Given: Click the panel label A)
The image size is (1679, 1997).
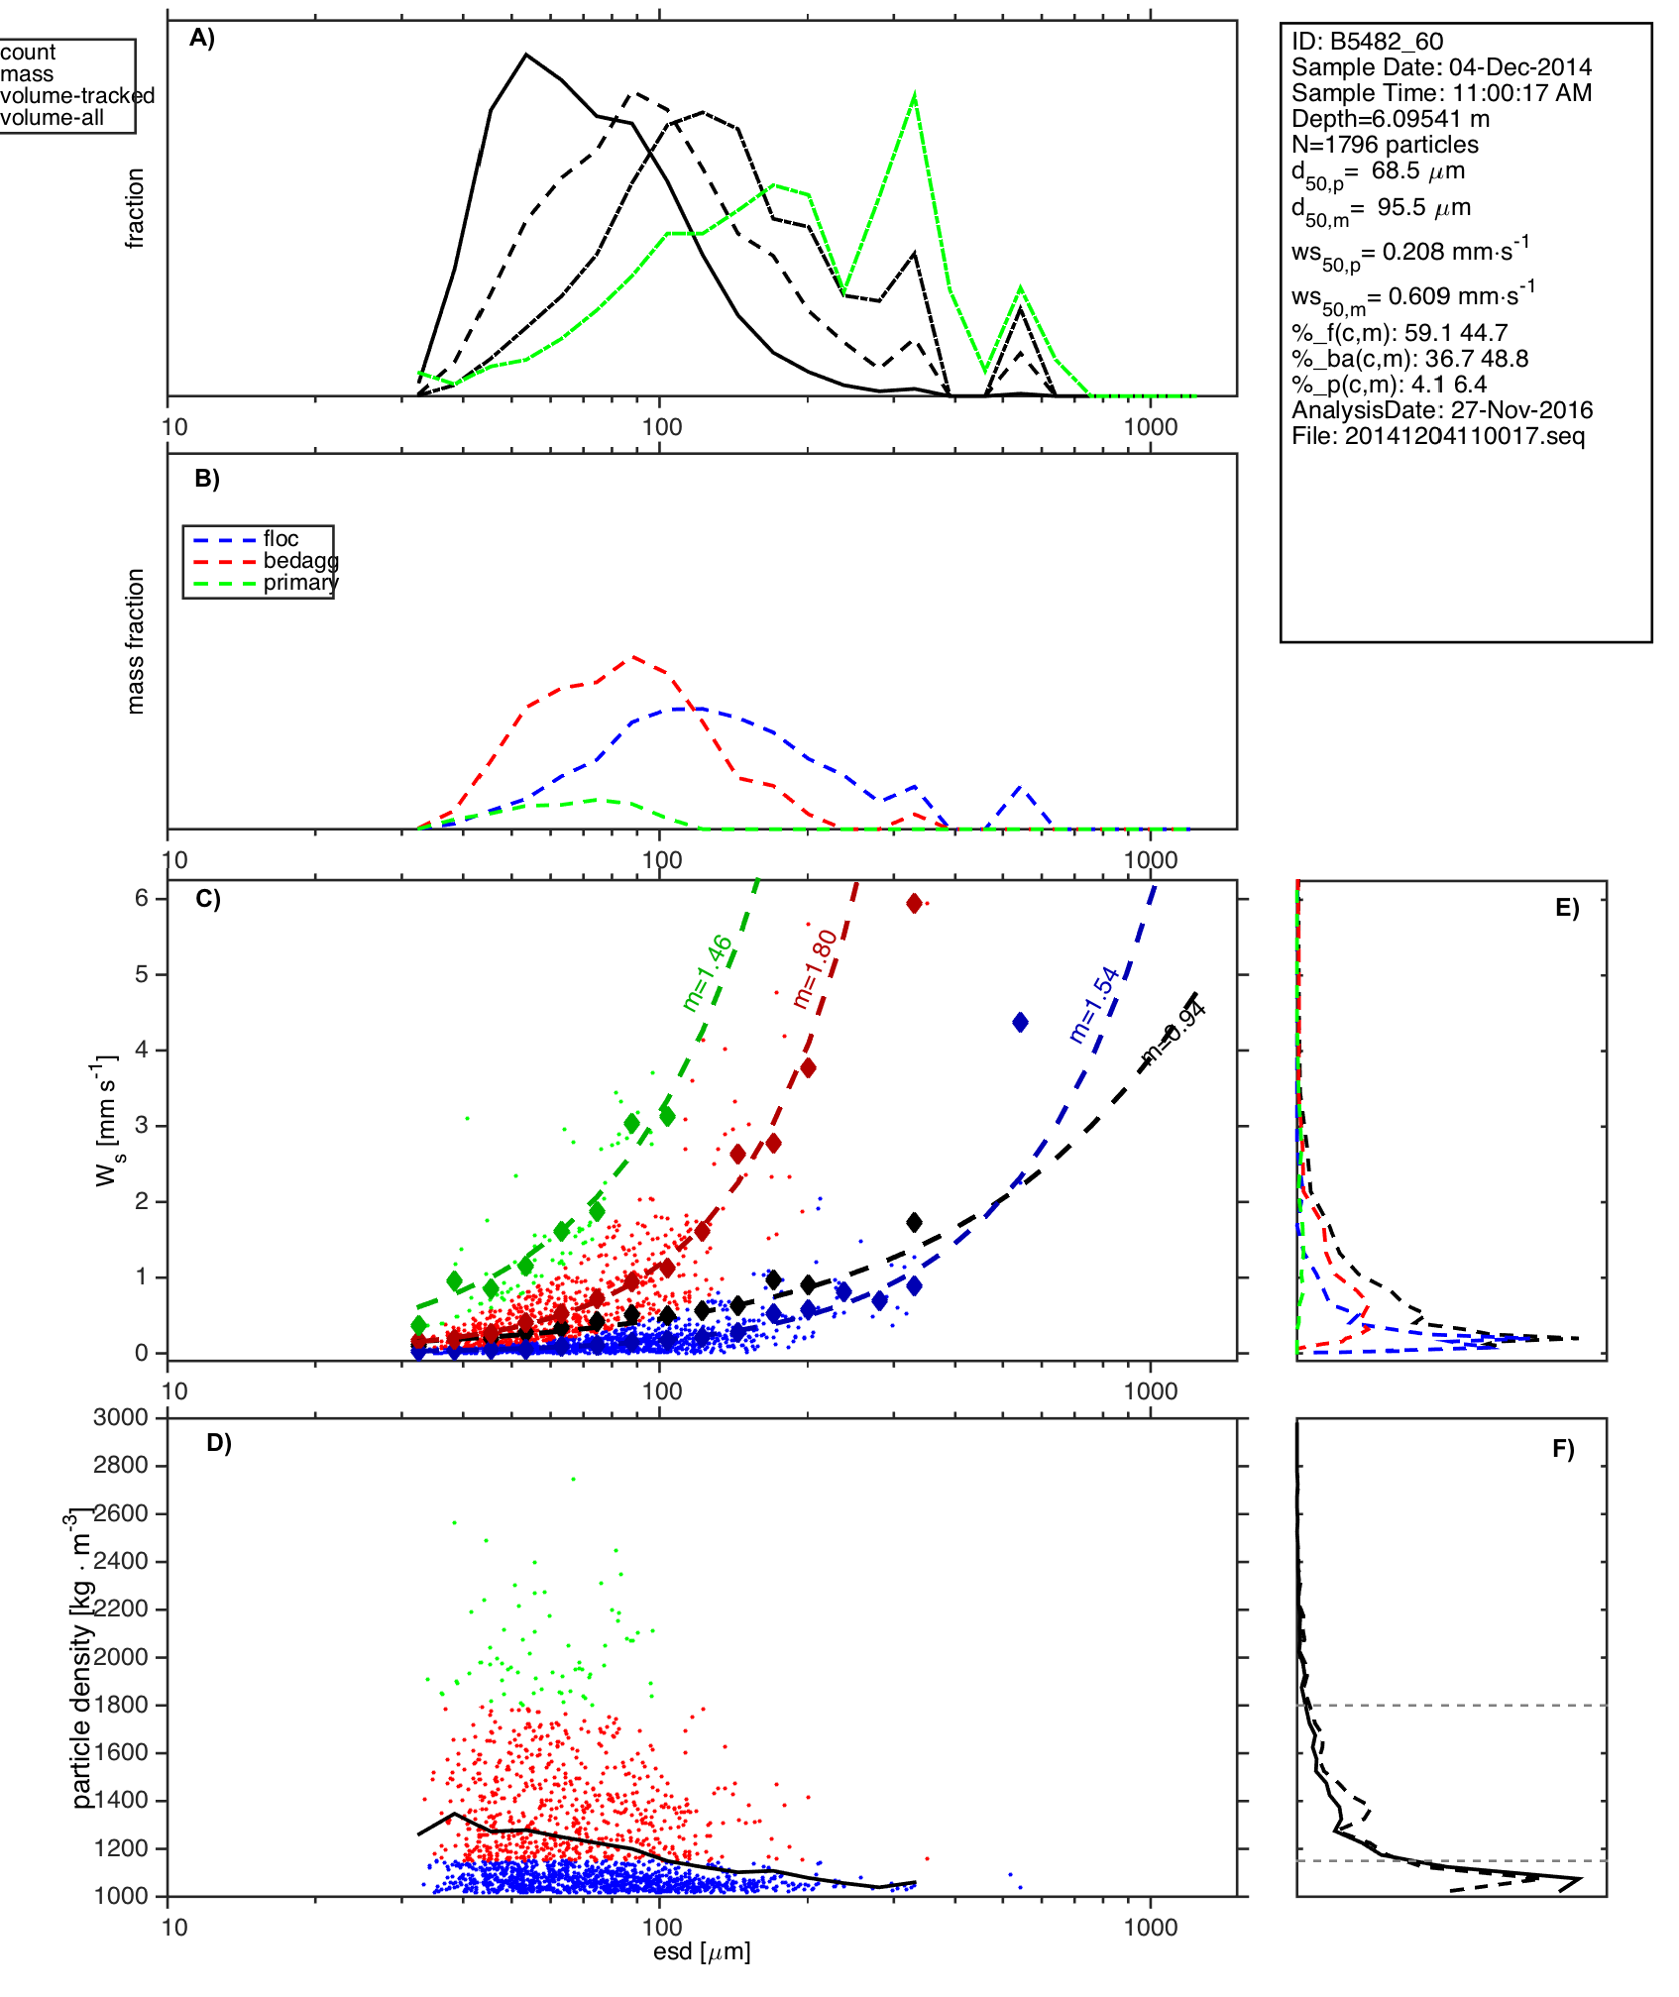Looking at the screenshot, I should (202, 39).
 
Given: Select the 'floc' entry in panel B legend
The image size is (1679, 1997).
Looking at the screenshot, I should (280, 539).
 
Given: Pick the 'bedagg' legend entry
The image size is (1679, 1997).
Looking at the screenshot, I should (300, 561).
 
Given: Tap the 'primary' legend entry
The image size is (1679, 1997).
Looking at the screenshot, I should (300, 583).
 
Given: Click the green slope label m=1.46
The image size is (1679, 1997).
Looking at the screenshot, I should (708, 972).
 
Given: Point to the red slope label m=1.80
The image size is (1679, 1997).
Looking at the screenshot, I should (815, 969).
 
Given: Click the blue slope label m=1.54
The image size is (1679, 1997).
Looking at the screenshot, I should (1094, 1004).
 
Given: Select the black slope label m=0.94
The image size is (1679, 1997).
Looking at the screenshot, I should (1174, 1034).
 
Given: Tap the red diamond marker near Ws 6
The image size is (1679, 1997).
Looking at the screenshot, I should (914, 903).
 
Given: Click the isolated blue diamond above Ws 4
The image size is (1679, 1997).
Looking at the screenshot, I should (1020, 1022).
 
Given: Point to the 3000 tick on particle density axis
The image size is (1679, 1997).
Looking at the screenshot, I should (121, 1417).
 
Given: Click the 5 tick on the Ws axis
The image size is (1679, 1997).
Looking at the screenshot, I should (143, 974).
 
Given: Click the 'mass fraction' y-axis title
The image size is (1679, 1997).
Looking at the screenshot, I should (136, 641).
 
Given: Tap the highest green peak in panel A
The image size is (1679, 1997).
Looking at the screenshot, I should (914, 96).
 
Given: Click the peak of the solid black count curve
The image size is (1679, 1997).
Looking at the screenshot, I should (526, 55).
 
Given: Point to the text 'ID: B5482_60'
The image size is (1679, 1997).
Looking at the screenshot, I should (1367, 42).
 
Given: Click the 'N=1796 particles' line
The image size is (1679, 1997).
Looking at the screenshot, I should (1385, 145).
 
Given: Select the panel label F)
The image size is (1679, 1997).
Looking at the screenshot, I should (1563, 1450).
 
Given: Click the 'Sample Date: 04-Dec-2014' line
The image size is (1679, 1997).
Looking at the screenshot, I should (1441, 67).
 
